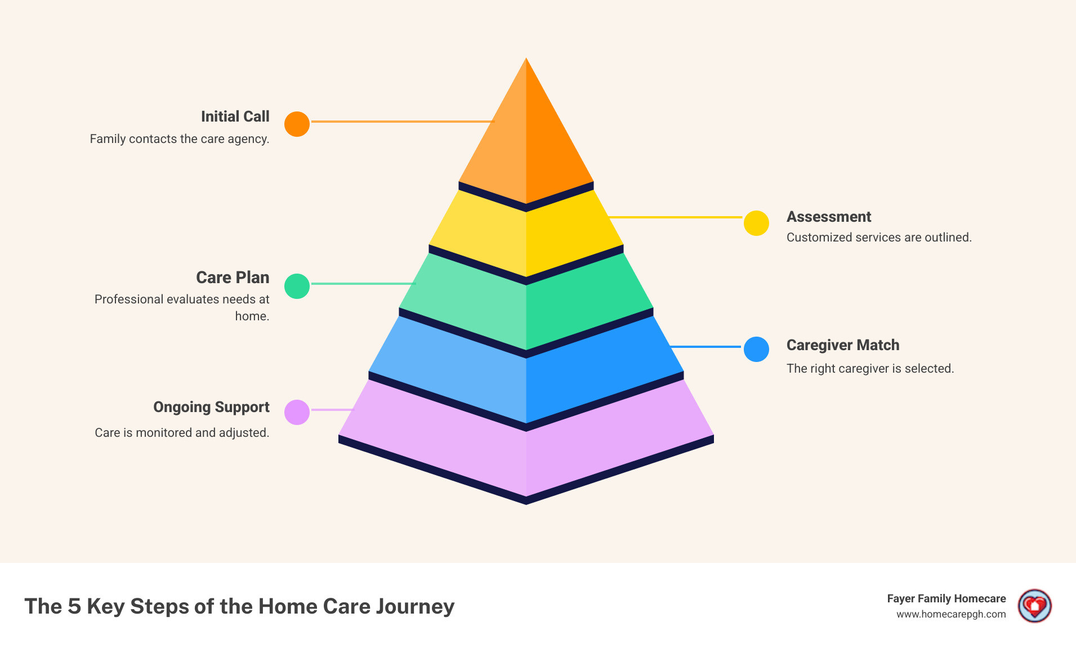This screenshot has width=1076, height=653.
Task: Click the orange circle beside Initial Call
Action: tap(297, 124)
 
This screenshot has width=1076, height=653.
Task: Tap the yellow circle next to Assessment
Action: tap(756, 223)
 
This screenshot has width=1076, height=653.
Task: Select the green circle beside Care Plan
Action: tap(297, 286)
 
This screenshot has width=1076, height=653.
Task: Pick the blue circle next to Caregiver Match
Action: tap(756, 349)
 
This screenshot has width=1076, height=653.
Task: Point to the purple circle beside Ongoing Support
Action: tap(297, 412)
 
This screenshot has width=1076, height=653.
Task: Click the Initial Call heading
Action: tap(235, 117)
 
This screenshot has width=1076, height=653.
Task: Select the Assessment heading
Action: tap(828, 217)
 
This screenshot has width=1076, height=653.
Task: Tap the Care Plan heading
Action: tap(233, 278)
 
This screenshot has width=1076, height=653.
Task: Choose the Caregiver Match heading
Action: tap(842, 345)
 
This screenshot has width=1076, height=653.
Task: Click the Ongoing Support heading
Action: tap(211, 407)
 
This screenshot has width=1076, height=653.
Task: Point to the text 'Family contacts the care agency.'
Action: tap(180, 139)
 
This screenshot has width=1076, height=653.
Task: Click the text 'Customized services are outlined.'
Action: tap(878, 238)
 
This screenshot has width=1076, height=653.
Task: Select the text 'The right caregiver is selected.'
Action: tap(870, 369)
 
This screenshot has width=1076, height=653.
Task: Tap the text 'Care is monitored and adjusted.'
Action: tap(182, 433)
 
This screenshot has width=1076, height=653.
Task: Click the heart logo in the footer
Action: tap(1034, 606)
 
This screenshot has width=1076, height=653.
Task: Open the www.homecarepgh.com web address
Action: tap(951, 614)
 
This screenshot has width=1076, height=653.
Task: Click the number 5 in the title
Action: tap(74, 606)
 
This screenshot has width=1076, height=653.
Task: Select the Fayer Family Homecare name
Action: tap(946, 598)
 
